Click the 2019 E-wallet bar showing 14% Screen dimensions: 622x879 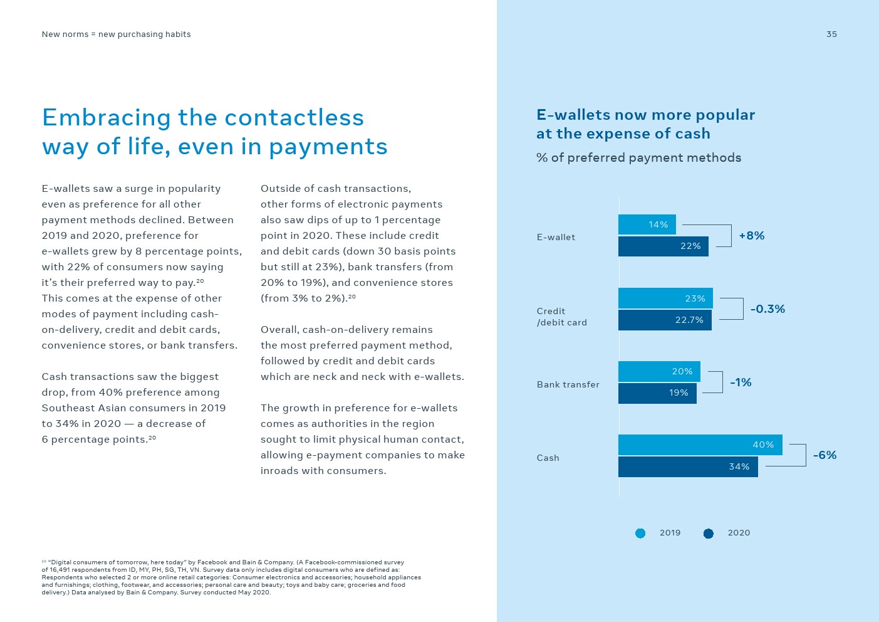(647, 224)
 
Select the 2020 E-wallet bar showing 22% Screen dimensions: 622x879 (663, 246)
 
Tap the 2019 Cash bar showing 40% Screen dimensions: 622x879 (700, 445)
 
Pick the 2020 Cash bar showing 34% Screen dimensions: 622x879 (688, 467)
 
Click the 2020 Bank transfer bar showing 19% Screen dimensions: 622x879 (657, 393)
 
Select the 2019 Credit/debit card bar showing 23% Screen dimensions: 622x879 (665, 298)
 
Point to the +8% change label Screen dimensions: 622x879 (751, 236)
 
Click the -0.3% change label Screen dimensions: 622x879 (767, 309)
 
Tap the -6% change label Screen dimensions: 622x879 (824, 455)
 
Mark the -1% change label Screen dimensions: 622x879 (741, 382)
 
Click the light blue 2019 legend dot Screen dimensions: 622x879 (640, 534)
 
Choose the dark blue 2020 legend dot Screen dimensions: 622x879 (709, 534)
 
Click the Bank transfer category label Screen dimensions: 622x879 (568, 384)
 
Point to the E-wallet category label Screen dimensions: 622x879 (556, 237)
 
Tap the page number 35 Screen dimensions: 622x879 (831, 34)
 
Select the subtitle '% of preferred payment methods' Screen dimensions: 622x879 (638, 158)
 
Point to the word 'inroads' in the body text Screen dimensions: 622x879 (279, 471)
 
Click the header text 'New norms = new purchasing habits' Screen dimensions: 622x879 (116, 34)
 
